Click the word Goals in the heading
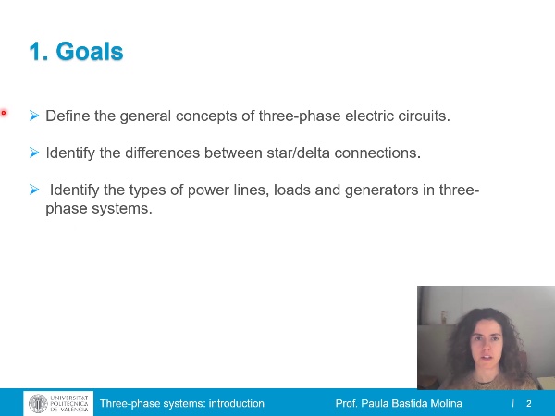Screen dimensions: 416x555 click(90, 52)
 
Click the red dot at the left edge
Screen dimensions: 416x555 click(4, 113)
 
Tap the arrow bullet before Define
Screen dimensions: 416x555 click(34, 116)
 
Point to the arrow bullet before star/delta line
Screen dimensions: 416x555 click(34, 152)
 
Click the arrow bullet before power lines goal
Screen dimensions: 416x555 click(34, 190)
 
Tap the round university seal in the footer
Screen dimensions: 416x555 click(38, 404)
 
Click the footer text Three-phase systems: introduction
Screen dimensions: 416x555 click(182, 404)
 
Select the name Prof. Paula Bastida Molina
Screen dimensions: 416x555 click(399, 404)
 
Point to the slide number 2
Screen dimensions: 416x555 click(529, 404)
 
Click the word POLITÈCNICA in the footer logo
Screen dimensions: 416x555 click(70, 404)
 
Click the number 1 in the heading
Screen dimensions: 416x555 click(36, 52)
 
